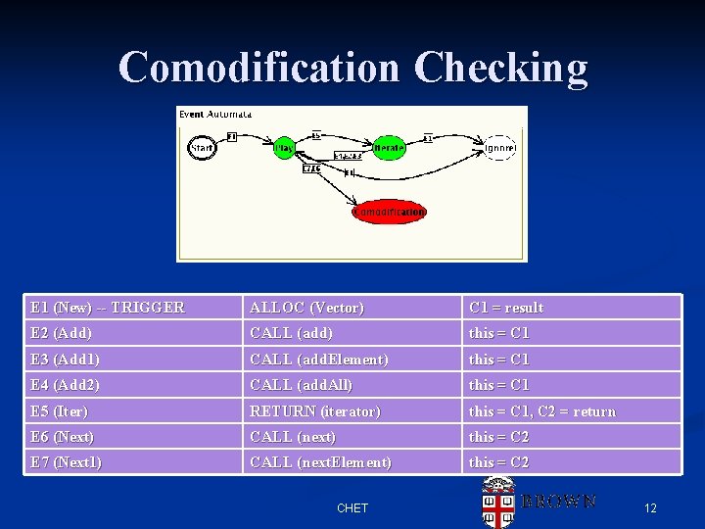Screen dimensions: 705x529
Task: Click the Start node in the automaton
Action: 201,148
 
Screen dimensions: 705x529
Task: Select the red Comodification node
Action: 390,212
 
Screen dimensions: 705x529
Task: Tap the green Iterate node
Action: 390,148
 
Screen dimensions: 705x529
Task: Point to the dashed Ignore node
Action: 499,148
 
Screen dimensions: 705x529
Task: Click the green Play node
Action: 284,148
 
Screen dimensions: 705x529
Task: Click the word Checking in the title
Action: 500,69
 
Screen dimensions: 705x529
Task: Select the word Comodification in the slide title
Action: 259,69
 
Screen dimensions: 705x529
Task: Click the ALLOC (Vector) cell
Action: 306,308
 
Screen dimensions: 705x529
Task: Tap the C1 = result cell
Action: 506,308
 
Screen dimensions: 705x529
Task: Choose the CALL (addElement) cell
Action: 319,360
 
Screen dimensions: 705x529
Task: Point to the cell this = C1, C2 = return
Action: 542,411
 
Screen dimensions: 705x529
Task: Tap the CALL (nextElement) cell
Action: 321,462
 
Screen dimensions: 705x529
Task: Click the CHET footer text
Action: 352,508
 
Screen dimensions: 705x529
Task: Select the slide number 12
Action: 650,508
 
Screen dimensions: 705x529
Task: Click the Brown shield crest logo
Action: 497,503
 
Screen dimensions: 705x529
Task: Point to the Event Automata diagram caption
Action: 215,115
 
